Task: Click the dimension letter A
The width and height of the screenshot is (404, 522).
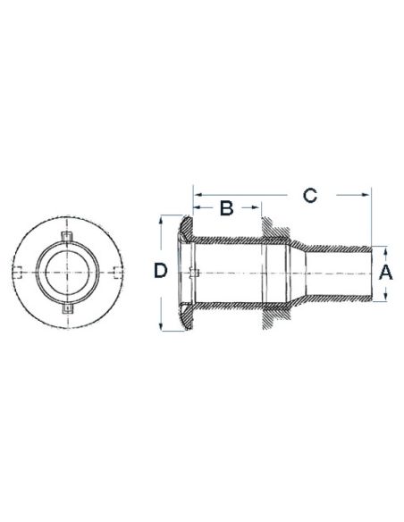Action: (386, 273)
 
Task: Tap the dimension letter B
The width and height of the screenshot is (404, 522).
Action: (227, 208)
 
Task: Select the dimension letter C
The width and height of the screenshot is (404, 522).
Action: (310, 195)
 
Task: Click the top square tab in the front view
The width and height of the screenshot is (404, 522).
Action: (68, 236)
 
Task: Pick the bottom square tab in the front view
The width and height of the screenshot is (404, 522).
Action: (68, 308)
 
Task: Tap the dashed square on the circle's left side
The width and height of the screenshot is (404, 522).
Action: (19, 273)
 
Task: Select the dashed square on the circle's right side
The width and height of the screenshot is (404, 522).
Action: (117, 273)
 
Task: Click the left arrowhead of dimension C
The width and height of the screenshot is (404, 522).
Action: (198, 195)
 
